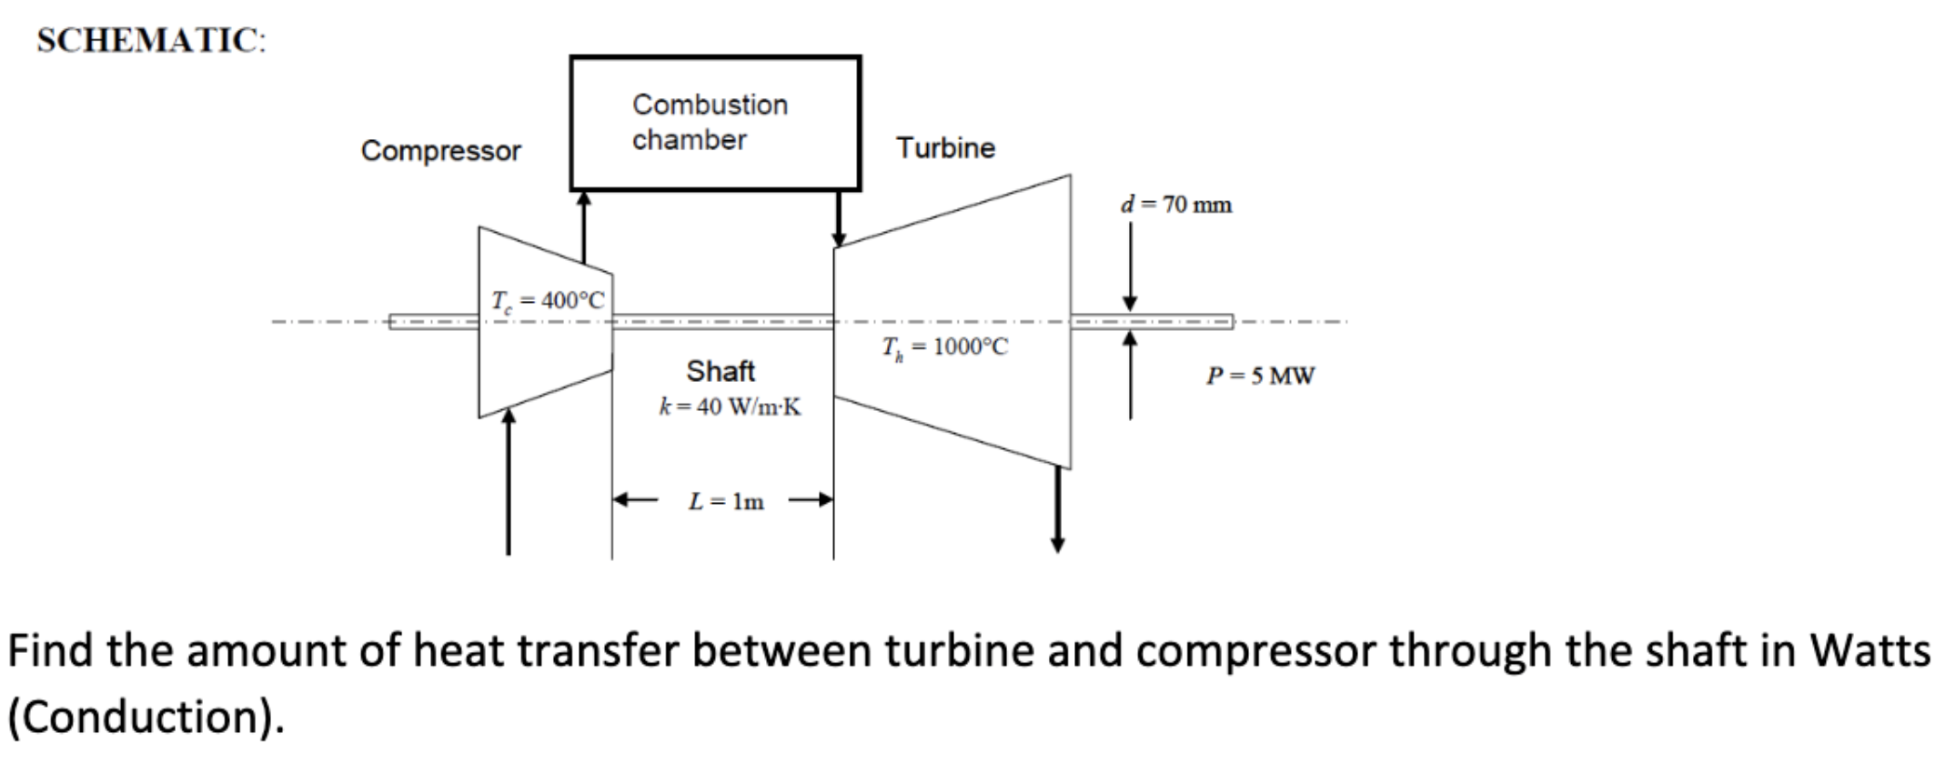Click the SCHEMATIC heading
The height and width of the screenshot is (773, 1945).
(151, 41)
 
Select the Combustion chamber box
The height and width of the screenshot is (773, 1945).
(715, 123)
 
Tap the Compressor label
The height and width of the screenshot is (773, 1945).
(441, 151)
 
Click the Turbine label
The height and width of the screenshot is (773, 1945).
(945, 148)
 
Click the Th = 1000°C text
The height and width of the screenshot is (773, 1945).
(944, 347)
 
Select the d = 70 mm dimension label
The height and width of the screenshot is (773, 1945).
(1175, 205)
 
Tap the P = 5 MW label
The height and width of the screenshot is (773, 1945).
(1260, 376)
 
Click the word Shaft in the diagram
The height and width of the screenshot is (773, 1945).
(721, 371)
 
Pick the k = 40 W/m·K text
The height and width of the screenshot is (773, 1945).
(730, 407)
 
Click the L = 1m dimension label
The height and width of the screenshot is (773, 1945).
(726, 501)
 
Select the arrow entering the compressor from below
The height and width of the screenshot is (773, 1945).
(509, 482)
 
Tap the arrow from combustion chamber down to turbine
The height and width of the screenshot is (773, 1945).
(839, 218)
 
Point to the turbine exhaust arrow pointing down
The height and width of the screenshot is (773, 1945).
(1057, 509)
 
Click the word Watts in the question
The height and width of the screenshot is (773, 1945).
(1869, 651)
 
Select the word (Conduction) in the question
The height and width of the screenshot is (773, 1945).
(146, 717)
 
